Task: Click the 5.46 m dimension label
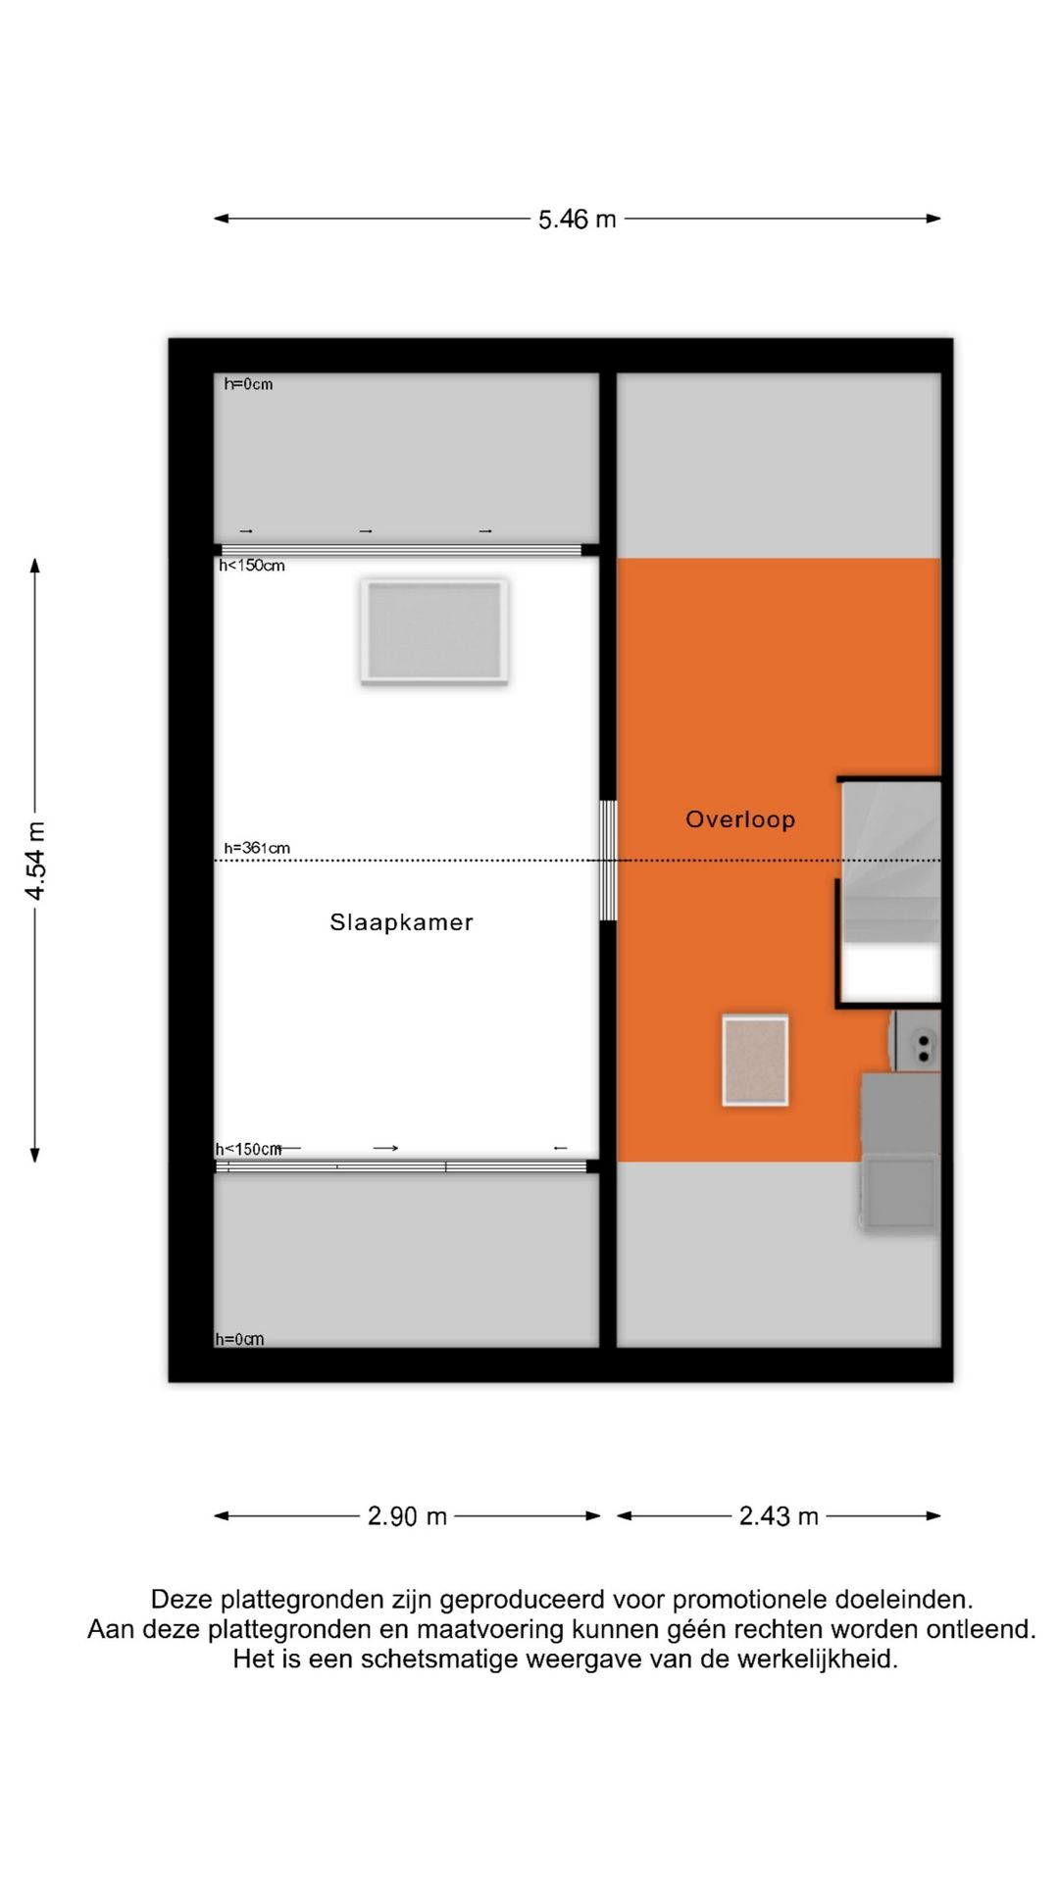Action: click(x=577, y=220)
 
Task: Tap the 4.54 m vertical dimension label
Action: click(x=35, y=860)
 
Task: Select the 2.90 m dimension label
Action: click(x=407, y=1516)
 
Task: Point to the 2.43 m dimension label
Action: click(x=779, y=1516)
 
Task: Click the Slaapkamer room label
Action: click(x=401, y=922)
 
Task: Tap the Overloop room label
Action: click(x=740, y=819)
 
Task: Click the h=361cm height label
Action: click(x=257, y=848)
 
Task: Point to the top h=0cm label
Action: click(x=248, y=384)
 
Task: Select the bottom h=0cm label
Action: click(x=239, y=1339)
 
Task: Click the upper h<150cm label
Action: click(x=252, y=566)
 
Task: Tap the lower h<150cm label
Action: click(x=248, y=1149)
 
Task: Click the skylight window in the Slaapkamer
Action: click(x=433, y=630)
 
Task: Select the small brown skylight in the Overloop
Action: click(x=755, y=1061)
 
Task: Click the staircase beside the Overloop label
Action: click(x=890, y=863)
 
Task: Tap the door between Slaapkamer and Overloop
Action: click(x=608, y=861)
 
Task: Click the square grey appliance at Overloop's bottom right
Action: click(x=899, y=1191)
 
